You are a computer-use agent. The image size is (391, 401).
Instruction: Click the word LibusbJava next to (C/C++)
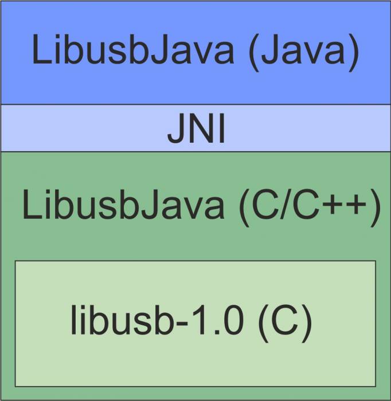(123, 206)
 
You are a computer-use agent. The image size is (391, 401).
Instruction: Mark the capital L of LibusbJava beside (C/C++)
(30, 206)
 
